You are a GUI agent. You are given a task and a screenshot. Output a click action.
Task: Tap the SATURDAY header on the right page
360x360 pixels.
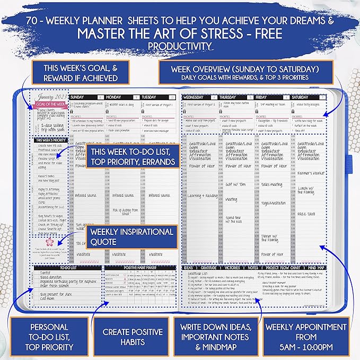pos(300,98)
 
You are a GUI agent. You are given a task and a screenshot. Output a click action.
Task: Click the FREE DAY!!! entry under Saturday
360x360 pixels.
pos(306,214)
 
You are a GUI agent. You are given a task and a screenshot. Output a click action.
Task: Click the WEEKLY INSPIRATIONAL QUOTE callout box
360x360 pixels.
pos(131,236)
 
